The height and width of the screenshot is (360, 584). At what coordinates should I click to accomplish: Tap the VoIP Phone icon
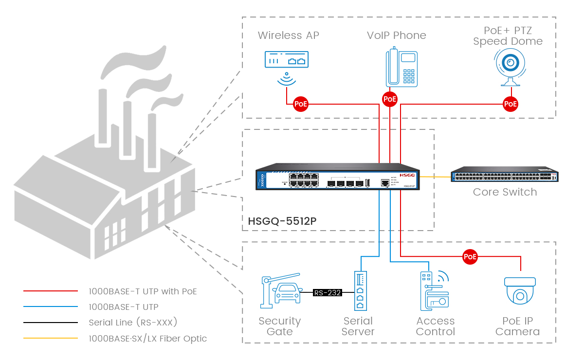point(402,68)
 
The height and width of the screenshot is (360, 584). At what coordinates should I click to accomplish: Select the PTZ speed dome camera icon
point(510,68)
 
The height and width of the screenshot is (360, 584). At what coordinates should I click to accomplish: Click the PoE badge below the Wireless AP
point(300,104)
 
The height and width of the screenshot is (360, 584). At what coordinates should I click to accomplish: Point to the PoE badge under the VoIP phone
point(390,99)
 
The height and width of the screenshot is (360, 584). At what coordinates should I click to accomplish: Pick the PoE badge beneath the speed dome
point(510,104)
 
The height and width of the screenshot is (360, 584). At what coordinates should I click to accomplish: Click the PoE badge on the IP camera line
point(470,256)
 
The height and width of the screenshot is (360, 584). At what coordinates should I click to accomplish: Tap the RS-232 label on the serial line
point(328,293)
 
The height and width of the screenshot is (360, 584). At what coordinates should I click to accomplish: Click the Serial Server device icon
point(359,291)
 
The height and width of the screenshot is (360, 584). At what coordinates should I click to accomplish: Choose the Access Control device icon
point(434,291)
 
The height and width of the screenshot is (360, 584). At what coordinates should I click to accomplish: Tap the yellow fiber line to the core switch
point(436,177)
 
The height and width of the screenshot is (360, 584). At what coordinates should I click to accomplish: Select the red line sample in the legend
point(50,291)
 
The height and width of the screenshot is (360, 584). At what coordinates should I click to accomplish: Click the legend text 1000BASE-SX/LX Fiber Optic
point(148,339)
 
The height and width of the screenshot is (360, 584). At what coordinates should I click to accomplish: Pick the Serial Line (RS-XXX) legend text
point(133,323)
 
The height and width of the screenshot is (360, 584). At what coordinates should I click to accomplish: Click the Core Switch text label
point(505,192)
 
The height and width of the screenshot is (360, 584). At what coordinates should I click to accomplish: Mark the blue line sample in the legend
point(50,307)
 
